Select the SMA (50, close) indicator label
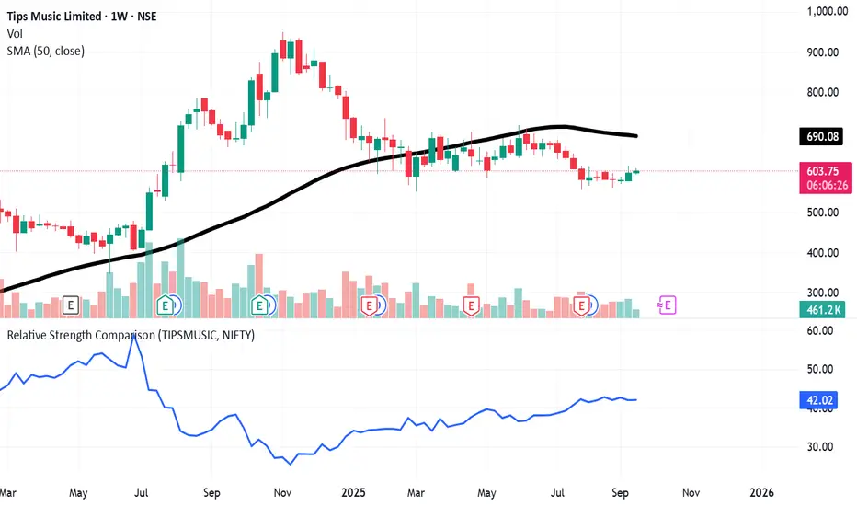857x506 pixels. coord(46,51)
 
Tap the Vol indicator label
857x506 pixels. coord(16,31)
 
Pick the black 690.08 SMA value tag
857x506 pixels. coord(823,137)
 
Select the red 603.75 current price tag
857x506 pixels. coord(823,171)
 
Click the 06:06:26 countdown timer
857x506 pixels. coord(823,185)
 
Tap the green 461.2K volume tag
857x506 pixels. coord(823,310)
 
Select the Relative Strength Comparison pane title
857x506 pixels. coord(131,335)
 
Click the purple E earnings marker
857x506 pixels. coord(668,304)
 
